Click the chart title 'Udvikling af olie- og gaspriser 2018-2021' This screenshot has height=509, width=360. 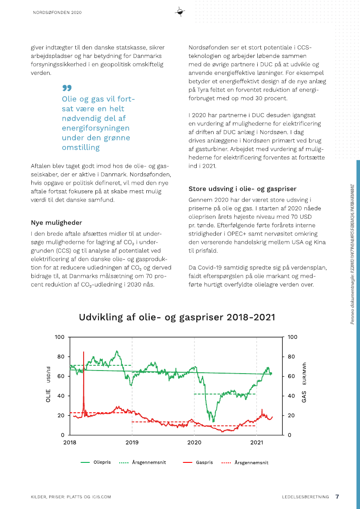point(177,317)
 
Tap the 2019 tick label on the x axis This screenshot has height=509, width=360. point(132,442)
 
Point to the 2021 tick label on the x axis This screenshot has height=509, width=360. point(257,442)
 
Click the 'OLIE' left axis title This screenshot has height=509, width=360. point(48,395)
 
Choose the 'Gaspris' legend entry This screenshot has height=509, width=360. point(204,462)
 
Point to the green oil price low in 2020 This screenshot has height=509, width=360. point(213,420)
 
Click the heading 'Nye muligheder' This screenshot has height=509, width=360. point(57,222)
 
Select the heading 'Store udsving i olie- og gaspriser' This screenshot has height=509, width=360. point(242,189)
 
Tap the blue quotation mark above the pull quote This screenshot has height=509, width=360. point(67,88)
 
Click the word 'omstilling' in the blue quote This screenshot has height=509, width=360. point(81,148)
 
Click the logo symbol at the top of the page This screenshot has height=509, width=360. point(180,12)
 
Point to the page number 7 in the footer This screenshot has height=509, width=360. point(337,496)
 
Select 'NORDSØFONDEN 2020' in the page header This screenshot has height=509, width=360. point(57,13)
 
